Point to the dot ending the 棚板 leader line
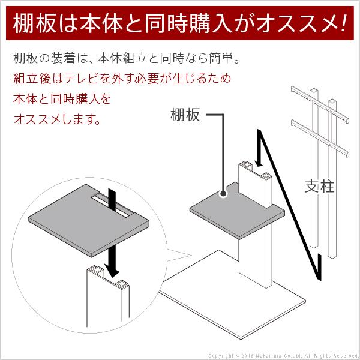223,194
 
